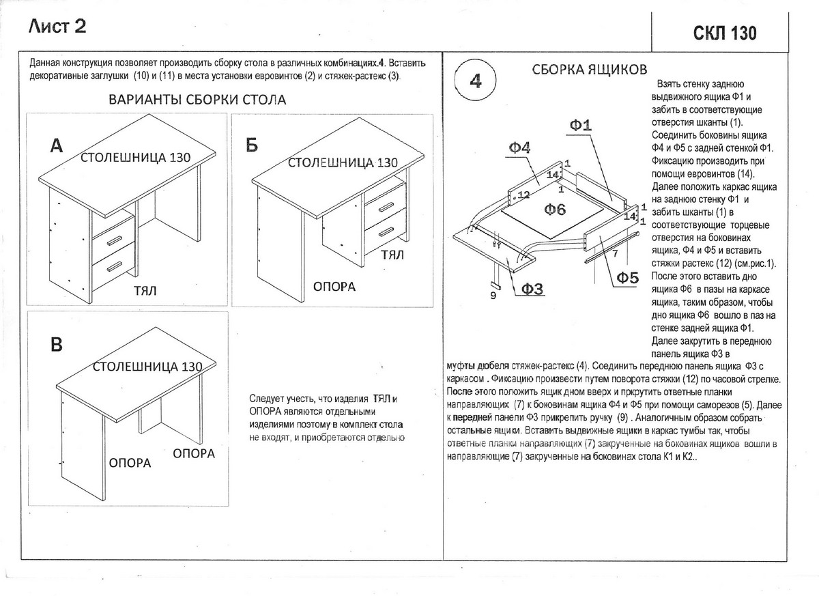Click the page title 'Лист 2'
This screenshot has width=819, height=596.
(x=57, y=27)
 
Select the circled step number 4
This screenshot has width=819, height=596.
(x=476, y=81)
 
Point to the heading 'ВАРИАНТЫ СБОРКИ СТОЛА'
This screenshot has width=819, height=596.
(x=197, y=100)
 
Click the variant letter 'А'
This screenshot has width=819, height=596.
(x=57, y=145)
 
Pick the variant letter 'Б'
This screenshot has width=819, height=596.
(x=251, y=145)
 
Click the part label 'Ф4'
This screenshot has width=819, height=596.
(x=519, y=147)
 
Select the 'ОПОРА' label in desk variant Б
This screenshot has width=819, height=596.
(x=334, y=286)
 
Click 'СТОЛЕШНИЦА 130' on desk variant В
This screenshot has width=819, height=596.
(x=147, y=367)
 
